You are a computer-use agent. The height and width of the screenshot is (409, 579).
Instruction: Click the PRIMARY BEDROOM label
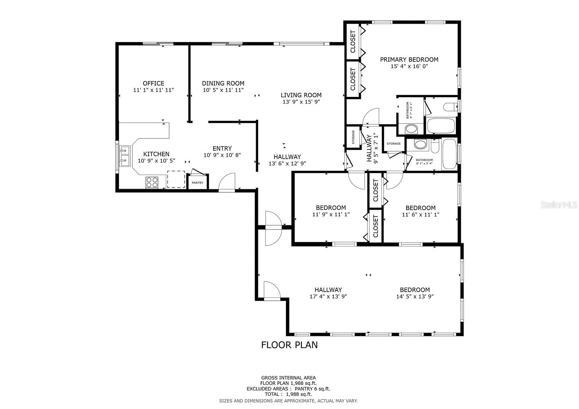point(409,59)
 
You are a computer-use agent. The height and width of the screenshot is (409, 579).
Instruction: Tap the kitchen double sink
point(125,156)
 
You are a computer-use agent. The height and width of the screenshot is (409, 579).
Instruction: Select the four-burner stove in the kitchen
point(152,182)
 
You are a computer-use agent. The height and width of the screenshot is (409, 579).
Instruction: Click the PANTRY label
point(197,183)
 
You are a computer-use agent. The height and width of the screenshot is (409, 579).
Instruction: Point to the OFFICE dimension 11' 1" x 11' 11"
point(154,90)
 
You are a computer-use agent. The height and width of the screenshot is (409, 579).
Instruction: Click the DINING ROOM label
point(223,84)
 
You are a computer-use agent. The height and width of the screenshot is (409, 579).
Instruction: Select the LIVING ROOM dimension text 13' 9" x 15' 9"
point(301,102)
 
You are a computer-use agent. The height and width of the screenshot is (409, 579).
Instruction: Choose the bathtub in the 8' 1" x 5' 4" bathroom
point(449,154)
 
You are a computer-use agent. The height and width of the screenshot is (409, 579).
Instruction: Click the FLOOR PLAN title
point(289,345)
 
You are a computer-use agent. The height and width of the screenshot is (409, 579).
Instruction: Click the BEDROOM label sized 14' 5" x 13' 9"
point(415,290)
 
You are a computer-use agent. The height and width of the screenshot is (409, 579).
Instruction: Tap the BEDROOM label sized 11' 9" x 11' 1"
point(331,208)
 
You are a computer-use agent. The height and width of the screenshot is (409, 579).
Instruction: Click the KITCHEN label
point(156,154)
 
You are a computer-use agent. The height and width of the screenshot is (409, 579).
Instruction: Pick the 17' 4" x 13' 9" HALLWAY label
point(328,290)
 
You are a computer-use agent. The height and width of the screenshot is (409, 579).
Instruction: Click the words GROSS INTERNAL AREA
point(288,378)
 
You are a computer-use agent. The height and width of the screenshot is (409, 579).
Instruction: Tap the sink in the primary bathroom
point(411,129)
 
